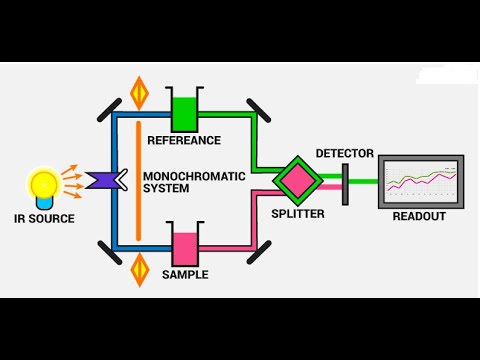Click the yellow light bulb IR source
tap(45, 186)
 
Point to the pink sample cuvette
tap(186, 248)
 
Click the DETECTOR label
tap(344, 153)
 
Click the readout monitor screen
tap(421, 181)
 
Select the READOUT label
tap(421, 215)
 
